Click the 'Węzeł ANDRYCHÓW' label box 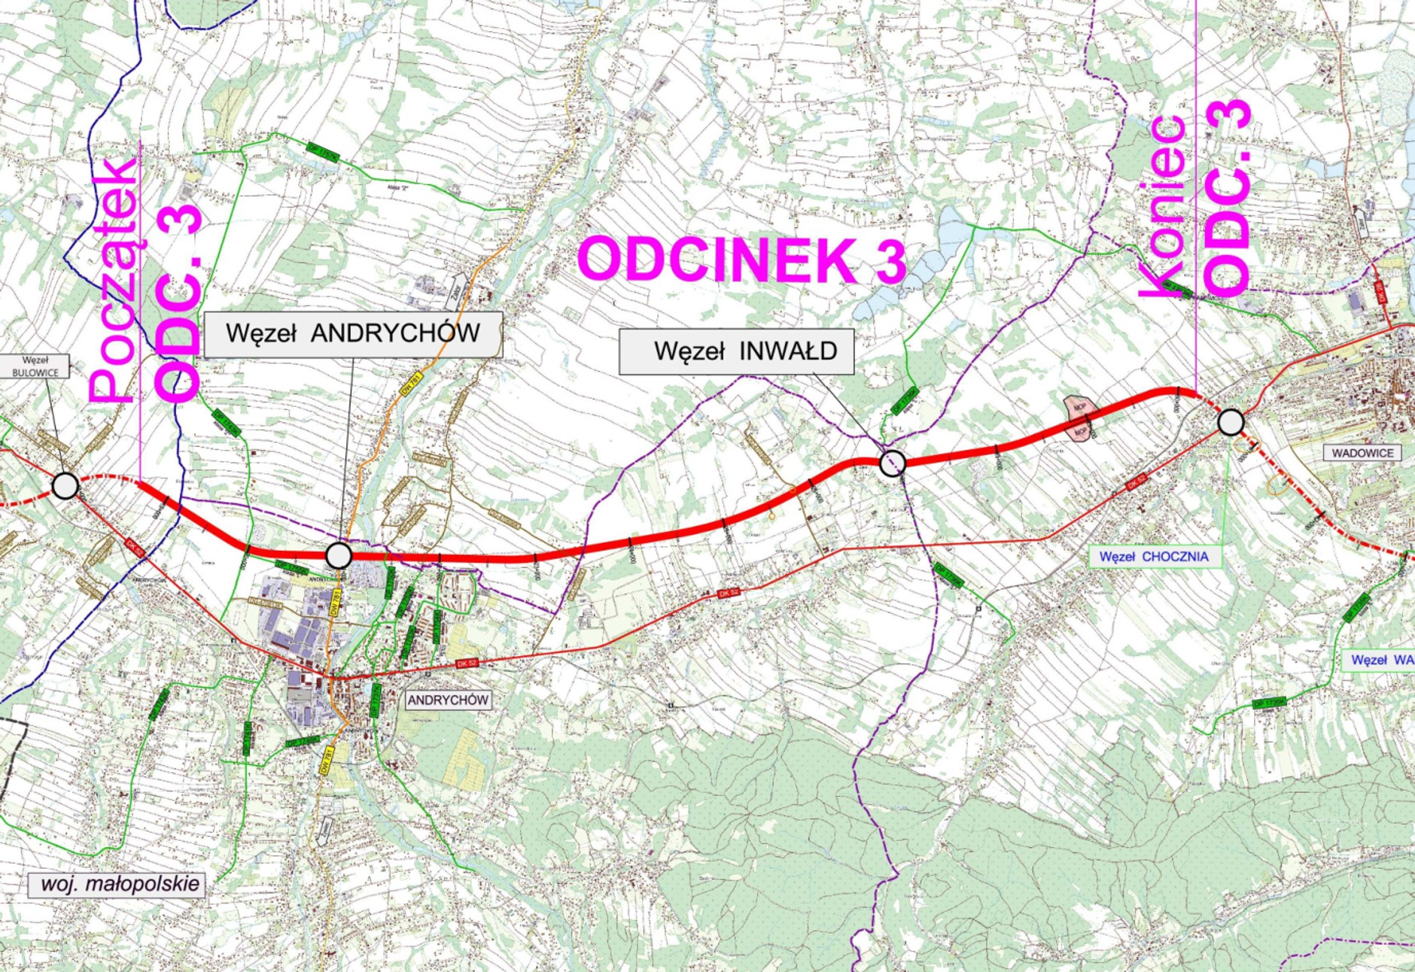click(353, 334)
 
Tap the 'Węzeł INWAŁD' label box click(736, 351)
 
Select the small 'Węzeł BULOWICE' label click(35, 366)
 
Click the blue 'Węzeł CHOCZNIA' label click(1154, 557)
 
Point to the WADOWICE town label click(1362, 453)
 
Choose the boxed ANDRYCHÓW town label click(448, 700)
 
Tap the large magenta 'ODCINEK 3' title click(741, 260)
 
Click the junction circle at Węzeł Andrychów click(339, 555)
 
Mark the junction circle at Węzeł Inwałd click(893, 463)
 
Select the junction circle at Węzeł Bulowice click(65, 486)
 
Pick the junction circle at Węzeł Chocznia click(1231, 422)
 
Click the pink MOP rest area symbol click(1080, 418)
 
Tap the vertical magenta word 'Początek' click(113, 278)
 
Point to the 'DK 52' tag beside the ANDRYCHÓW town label click(467, 664)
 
